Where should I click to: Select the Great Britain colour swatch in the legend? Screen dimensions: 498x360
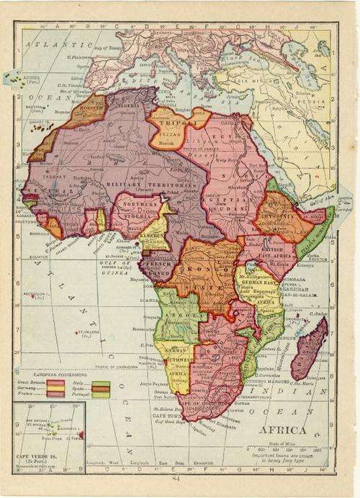tap(55, 384)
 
